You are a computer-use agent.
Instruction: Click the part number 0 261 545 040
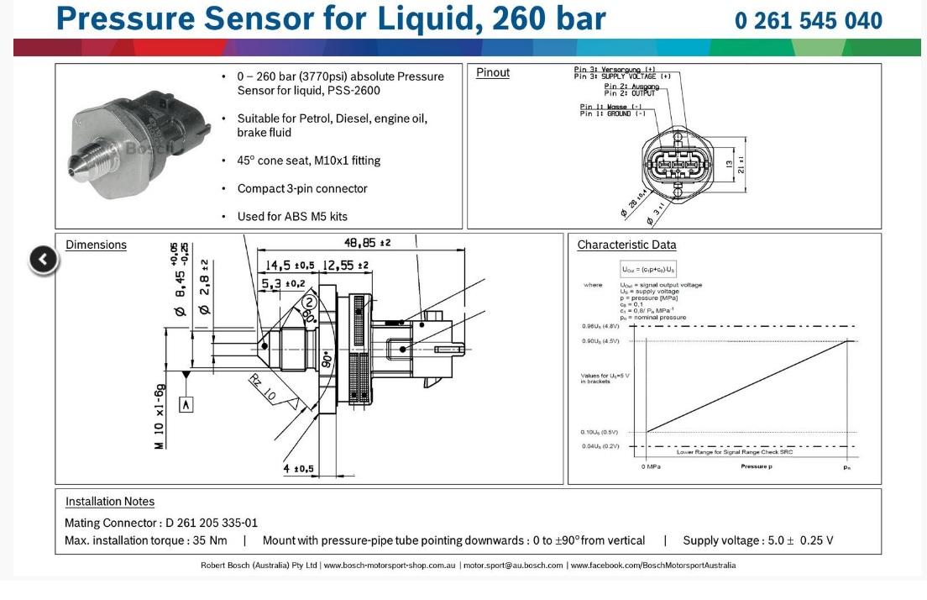tap(808, 20)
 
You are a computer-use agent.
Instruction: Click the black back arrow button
tap(44, 260)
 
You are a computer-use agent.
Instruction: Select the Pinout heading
tap(493, 72)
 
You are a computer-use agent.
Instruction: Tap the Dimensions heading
tap(96, 245)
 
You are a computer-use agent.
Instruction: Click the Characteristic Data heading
tap(626, 245)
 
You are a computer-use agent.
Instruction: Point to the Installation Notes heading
tap(110, 502)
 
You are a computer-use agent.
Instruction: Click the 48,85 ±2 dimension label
tap(367, 242)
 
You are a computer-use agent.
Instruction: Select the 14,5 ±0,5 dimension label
tap(290, 266)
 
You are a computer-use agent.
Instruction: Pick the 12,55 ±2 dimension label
tap(345, 266)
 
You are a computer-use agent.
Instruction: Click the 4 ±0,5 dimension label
tap(298, 468)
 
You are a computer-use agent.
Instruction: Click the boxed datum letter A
tap(186, 405)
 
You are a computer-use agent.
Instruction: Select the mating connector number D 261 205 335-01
tap(212, 523)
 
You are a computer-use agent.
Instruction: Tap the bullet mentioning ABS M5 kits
tap(292, 216)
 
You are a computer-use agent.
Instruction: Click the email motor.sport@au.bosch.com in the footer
tap(513, 566)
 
